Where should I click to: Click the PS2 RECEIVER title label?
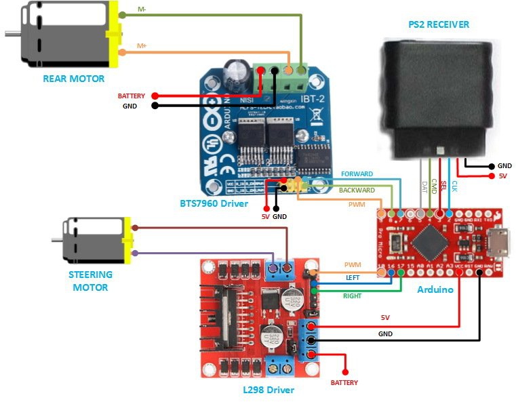tap(439, 24)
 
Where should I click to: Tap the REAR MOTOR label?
tap(73, 79)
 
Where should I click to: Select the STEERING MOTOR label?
tap(90, 281)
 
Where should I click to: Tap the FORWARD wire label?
tap(357, 174)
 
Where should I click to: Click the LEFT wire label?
tap(353, 278)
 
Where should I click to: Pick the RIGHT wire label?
tap(352, 296)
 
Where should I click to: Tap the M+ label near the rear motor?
tap(142, 45)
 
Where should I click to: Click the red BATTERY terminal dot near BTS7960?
tap(155, 96)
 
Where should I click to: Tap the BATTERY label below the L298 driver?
tap(344, 383)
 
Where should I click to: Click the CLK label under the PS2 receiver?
tap(454, 185)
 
